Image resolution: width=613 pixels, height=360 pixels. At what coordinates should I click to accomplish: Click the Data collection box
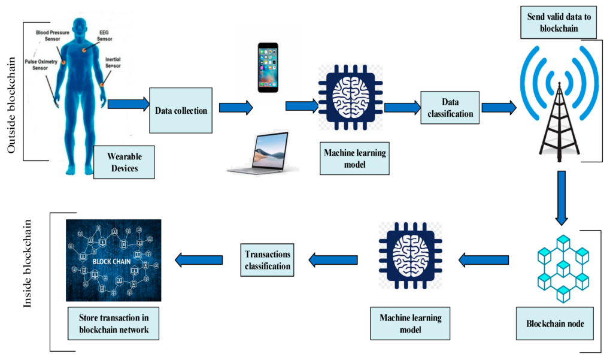(181, 110)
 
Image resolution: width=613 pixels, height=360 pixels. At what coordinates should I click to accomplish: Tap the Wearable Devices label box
(124, 162)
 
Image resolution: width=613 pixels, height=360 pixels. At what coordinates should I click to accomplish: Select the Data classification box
(449, 108)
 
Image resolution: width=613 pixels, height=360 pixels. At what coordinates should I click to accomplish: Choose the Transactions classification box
(268, 259)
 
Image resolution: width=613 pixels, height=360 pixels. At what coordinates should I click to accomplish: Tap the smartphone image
(268, 67)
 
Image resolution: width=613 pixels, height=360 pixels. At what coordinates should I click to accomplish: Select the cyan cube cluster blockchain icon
(560, 266)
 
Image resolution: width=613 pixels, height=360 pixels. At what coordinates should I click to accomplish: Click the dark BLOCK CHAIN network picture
(114, 260)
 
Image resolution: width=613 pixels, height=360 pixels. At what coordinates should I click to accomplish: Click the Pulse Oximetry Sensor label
(39, 64)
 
